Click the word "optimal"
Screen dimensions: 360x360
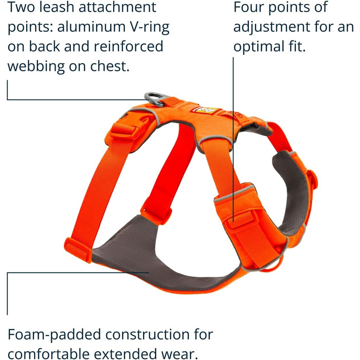pyautogui.click(x=260, y=47)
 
